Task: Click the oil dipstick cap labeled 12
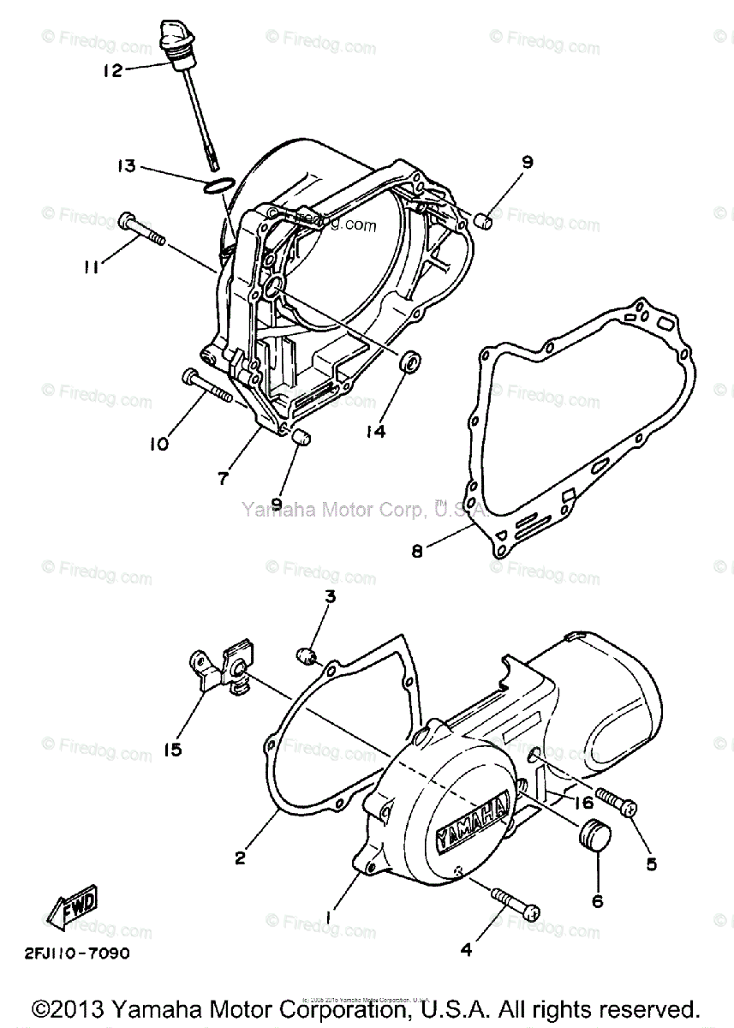click(175, 43)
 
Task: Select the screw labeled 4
click(514, 904)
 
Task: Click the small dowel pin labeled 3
click(306, 657)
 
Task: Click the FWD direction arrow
click(72, 904)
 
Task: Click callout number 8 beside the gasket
click(417, 553)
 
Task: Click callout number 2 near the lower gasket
click(240, 857)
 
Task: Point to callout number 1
click(329, 917)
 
